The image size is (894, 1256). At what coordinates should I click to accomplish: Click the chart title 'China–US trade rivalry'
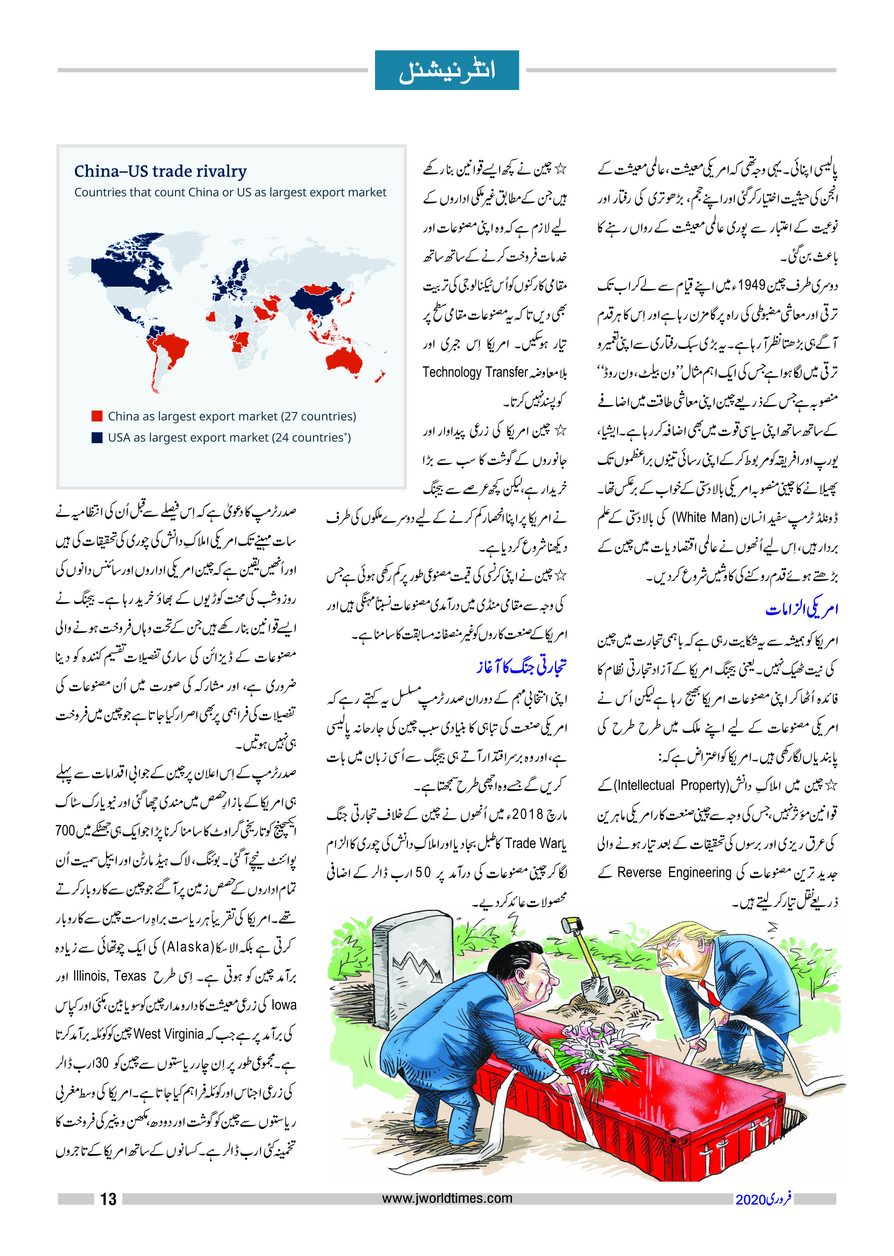[160, 171]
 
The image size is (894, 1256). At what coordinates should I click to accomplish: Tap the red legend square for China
[97, 416]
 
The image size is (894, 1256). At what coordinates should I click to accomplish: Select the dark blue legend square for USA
[97, 437]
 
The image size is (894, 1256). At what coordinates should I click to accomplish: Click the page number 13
[108, 1199]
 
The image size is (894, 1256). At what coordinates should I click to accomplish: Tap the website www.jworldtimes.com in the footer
[447, 1198]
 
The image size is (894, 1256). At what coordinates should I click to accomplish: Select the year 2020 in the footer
[750, 1199]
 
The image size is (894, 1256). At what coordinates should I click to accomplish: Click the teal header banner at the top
[447, 70]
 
